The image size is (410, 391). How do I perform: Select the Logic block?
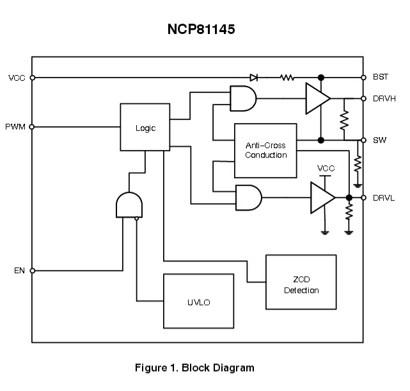click(145, 128)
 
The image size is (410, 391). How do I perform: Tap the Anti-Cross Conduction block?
click(265, 150)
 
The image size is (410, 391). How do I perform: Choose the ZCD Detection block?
click(301, 285)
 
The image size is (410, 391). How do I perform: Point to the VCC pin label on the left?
click(17, 78)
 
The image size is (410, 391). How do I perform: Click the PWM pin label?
click(15, 127)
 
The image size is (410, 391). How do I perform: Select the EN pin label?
click(19, 270)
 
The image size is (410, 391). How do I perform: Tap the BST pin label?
click(381, 77)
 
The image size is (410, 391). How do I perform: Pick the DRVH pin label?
click(384, 99)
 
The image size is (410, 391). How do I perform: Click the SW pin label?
click(379, 140)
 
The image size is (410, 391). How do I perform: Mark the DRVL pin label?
click(384, 197)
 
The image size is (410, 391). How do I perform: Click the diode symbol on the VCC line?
click(254, 78)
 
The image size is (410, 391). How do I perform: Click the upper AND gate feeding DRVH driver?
click(243, 99)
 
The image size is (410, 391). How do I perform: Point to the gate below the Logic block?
click(129, 205)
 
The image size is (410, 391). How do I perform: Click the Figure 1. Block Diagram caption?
click(194, 368)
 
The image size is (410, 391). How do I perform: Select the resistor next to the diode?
click(287, 78)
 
